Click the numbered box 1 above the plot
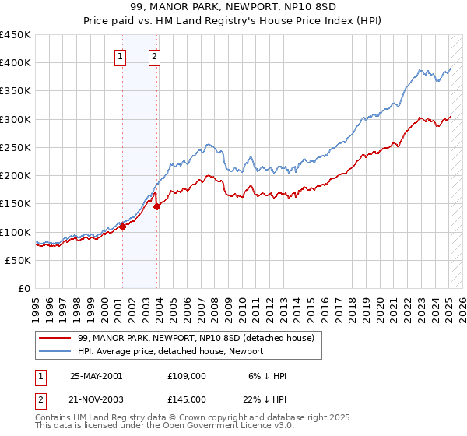(x=121, y=56)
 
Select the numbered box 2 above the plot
(x=155, y=56)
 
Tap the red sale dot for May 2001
(x=123, y=227)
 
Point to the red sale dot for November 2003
(x=157, y=206)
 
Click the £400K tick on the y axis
(x=16, y=63)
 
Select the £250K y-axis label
(x=16, y=147)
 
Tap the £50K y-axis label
(x=19, y=260)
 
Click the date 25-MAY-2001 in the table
(x=96, y=375)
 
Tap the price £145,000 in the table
(x=186, y=399)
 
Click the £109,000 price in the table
(x=186, y=375)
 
